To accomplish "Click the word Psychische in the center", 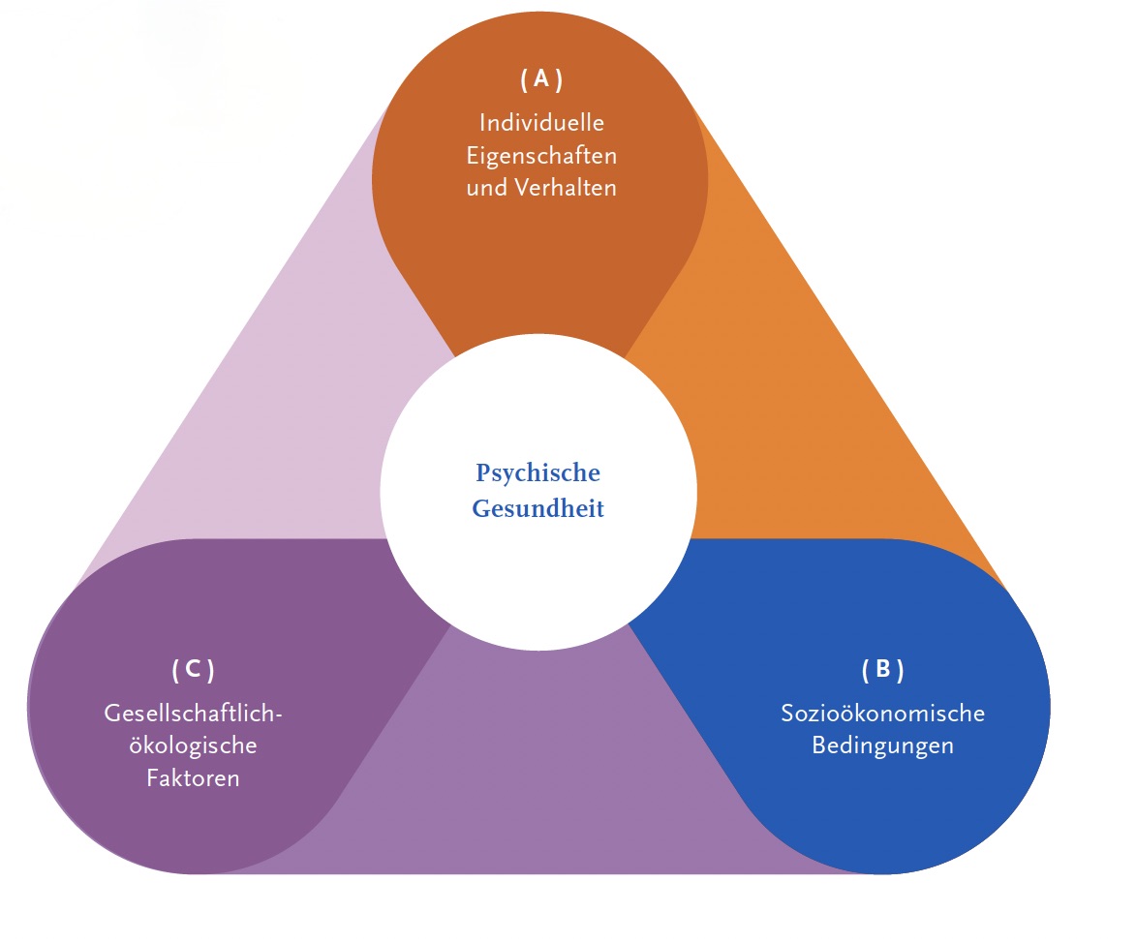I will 537,474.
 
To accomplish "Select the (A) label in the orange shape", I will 540,80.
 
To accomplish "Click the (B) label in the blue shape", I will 881,669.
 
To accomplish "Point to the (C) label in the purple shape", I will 193,669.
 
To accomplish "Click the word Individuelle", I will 541,123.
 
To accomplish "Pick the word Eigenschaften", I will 541,155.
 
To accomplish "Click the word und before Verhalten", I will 487,188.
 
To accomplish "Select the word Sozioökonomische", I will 882,715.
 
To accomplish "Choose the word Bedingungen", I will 882,746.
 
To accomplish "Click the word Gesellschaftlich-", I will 193,715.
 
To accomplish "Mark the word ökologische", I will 193,746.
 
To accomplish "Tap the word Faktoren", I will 193,778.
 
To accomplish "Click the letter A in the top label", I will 540,80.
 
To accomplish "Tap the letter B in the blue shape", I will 882,669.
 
